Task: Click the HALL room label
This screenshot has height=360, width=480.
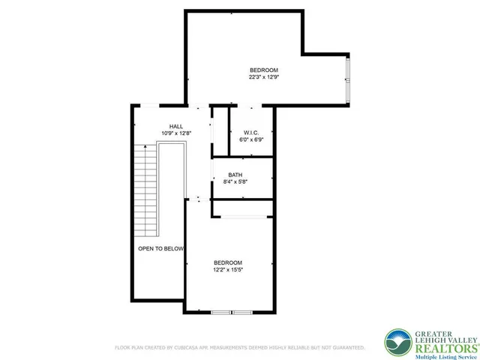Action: pyautogui.click(x=176, y=126)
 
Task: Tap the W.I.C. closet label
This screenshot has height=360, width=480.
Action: pyautogui.click(x=251, y=132)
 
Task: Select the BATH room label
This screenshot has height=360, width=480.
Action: pyautogui.click(x=235, y=175)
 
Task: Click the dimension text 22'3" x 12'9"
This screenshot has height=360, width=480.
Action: pyautogui.click(x=264, y=76)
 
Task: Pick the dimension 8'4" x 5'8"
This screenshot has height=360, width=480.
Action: pyautogui.click(x=235, y=181)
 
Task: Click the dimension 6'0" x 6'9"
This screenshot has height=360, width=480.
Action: pyautogui.click(x=251, y=139)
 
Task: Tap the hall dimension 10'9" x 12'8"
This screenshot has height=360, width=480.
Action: pyautogui.click(x=176, y=133)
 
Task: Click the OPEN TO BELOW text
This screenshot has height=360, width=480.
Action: pyautogui.click(x=160, y=247)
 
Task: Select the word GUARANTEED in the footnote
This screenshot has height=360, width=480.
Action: pyautogui.click(x=346, y=348)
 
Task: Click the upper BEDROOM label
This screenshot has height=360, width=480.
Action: pyautogui.click(x=264, y=70)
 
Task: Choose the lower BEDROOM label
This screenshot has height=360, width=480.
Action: pyautogui.click(x=228, y=262)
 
